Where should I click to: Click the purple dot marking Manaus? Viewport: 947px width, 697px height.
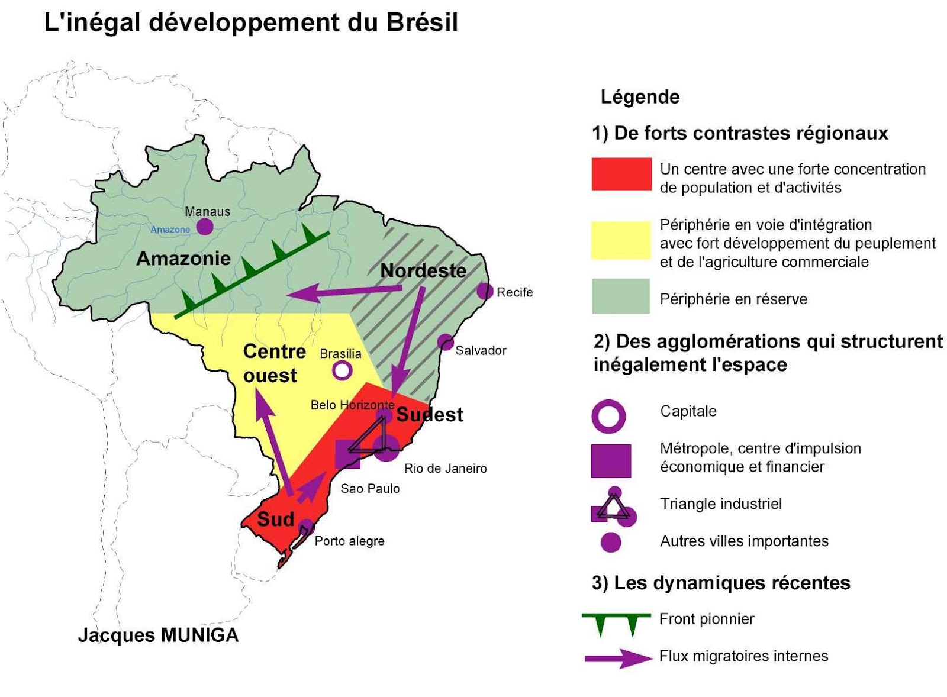[205, 226]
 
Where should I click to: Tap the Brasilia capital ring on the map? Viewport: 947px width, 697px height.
[342, 371]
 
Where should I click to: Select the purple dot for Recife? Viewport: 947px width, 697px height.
[485, 291]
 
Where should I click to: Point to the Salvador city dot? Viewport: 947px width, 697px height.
[445, 342]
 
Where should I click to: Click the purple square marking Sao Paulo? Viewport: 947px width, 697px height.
[347, 454]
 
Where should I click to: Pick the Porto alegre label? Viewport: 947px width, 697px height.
[349, 541]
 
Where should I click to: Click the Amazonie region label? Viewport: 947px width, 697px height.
[183, 259]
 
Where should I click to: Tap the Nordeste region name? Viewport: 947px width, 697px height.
[423, 270]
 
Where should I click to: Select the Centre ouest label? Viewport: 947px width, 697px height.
[273, 363]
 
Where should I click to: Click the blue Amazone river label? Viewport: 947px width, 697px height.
[170, 230]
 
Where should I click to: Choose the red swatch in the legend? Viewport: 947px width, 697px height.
[621, 174]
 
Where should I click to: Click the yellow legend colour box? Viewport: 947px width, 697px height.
[621, 240]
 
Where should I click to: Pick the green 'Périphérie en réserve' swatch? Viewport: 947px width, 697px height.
[621, 296]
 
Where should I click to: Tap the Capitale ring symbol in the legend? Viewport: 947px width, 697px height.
[608, 416]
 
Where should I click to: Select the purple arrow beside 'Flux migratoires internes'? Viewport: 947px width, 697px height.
[618, 658]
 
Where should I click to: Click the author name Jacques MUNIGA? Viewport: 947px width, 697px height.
[158, 635]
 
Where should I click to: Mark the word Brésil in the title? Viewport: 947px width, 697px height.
[423, 22]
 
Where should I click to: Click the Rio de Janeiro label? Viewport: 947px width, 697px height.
[445, 469]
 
